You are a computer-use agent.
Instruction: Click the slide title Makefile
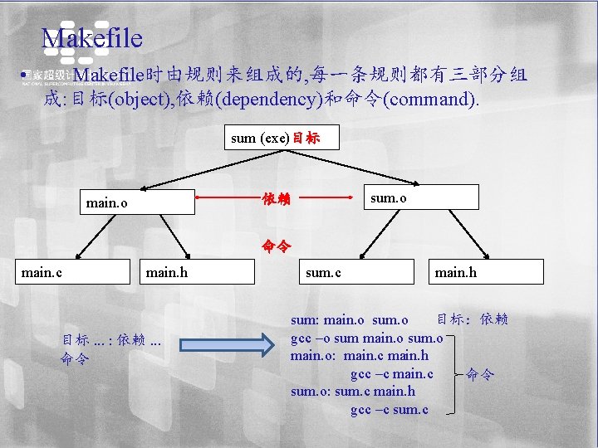[x=92, y=38]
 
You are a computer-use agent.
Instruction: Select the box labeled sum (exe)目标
[x=282, y=137]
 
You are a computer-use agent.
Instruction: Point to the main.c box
[x=75, y=271]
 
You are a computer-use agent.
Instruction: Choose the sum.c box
[x=355, y=271]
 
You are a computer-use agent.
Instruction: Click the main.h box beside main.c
[x=199, y=271]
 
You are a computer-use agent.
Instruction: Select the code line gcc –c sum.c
[x=390, y=410]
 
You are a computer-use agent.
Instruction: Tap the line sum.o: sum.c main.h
[x=353, y=392]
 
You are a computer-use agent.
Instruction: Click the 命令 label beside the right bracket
[x=480, y=374]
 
